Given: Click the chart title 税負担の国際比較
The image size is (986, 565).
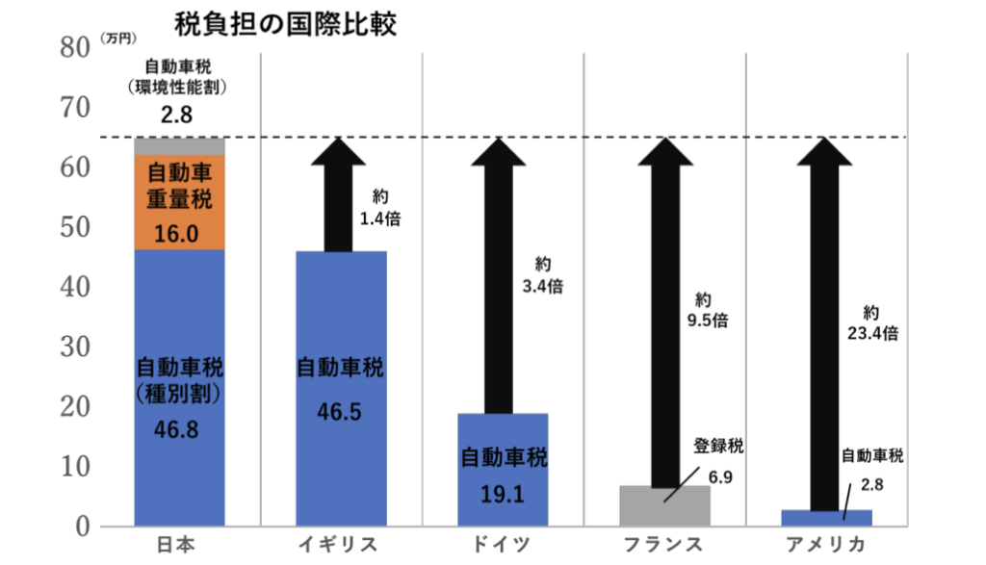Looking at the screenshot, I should (x=284, y=23).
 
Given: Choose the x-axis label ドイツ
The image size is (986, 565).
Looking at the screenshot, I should (x=502, y=545).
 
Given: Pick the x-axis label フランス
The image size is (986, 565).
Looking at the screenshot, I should (x=663, y=545).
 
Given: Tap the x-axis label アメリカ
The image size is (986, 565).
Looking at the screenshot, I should (x=825, y=545).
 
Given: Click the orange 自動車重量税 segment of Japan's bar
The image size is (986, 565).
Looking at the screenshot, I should (x=179, y=202).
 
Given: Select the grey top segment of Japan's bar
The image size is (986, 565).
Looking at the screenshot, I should (x=179, y=146).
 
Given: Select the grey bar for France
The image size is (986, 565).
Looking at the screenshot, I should (x=664, y=506).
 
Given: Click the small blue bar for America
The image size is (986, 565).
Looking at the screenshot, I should (x=826, y=518).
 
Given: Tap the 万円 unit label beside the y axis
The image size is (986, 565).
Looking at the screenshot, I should (x=119, y=39).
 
